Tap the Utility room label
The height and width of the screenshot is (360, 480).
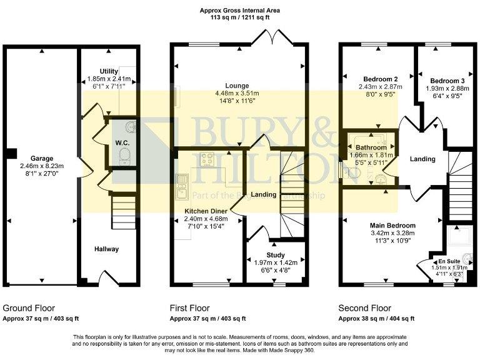click(109, 71)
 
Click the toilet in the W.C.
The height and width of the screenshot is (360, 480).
click(125, 155)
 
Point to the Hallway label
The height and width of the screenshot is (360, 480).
click(106, 249)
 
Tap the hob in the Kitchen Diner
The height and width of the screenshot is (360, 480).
click(207, 160)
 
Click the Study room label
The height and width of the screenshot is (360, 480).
click(276, 255)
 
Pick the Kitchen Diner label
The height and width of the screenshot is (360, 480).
click(205, 211)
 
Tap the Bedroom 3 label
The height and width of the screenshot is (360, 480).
click(446, 81)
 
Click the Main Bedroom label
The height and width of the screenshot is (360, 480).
click(392, 226)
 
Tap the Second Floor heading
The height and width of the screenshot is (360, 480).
click(364, 308)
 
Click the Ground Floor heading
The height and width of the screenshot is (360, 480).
click(29, 308)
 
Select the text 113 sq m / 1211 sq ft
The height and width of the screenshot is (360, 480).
click(239, 18)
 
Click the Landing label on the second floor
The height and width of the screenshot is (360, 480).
click(422, 159)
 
